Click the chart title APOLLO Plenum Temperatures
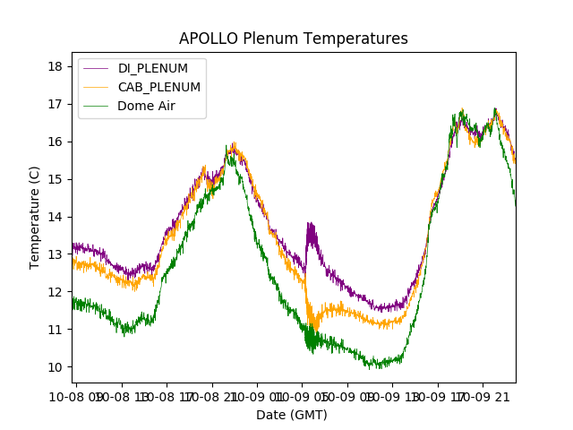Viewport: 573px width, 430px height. pos(293,39)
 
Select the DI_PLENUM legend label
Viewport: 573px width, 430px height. pos(152,68)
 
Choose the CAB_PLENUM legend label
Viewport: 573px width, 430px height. pos(158,87)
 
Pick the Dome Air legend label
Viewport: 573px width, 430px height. pos(146,106)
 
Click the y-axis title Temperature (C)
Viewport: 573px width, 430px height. pos(35,218)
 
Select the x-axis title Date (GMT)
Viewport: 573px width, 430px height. pos(292,415)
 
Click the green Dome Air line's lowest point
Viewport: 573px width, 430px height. pos(369,366)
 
